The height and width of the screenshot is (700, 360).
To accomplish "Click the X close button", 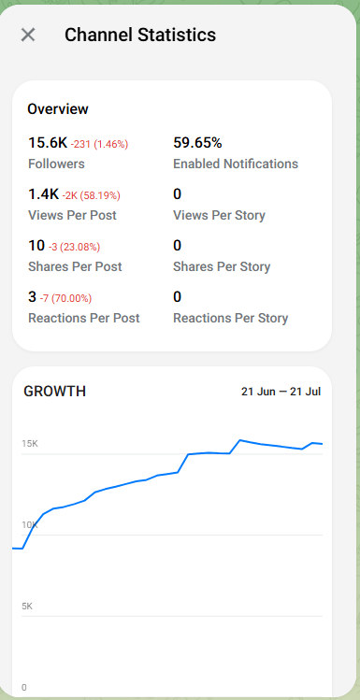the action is [28, 35].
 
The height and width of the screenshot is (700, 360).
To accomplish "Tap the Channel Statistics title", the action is [140, 35].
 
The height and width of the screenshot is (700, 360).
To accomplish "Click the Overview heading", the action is [58, 109].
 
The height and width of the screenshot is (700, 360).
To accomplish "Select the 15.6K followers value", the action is [48, 143].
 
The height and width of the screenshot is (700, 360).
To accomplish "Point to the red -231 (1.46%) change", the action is [100, 144].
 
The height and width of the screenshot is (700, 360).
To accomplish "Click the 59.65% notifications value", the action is [197, 143].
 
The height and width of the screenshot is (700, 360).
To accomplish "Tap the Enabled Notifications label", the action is [236, 164].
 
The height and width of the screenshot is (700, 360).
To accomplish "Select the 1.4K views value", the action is [43, 194].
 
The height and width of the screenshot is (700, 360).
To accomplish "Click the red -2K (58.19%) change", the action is [91, 195].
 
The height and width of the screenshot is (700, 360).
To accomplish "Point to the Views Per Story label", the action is [219, 215].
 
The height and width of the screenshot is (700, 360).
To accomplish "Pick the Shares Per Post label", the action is [75, 266].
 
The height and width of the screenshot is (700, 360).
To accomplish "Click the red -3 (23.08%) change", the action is [74, 247].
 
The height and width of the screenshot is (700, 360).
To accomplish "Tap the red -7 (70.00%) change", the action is [65, 298].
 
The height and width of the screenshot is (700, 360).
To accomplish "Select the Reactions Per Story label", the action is [230, 318].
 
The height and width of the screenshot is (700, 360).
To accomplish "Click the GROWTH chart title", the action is [54, 392].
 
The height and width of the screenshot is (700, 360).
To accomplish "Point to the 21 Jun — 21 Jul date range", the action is [281, 392].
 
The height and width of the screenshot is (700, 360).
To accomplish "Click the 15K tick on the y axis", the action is [30, 444].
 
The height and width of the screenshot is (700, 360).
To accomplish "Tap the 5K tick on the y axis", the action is [27, 607].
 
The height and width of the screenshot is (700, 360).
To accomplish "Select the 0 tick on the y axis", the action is [24, 688].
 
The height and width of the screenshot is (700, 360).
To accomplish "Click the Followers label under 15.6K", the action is [56, 164].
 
